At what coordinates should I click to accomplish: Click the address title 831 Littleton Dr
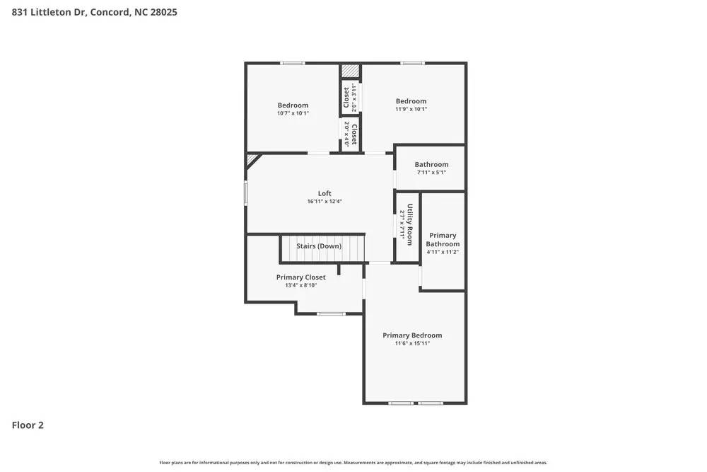click(x=94, y=12)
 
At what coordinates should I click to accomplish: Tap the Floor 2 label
click(x=28, y=425)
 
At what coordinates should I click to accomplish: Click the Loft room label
click(x=325, y=193)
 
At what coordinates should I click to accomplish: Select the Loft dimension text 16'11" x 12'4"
click(x=325, y=202)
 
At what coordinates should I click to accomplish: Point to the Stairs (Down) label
click(x=319, y=246)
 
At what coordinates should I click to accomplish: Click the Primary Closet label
click(x=301, y=277)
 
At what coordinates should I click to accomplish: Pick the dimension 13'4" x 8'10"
click(x=301, y=286)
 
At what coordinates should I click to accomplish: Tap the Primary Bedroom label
click(x=412, y=335)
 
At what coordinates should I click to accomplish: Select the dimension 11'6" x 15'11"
click(x=412, y=343)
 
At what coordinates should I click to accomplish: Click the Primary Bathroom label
click(x=443, y=240)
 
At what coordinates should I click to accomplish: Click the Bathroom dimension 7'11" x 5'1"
click(x=431, y=173)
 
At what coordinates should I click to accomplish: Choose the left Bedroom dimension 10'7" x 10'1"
click(x=293, y=113)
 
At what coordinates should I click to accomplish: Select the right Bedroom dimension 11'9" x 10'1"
click(x=411, y=109)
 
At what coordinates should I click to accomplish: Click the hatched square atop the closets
click(x=351, y=71)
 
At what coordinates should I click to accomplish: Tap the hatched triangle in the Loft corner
click(x=252, y=161)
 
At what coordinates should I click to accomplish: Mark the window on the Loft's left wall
click(x=246, y=193)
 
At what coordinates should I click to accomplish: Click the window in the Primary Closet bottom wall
click(x=331, y=313)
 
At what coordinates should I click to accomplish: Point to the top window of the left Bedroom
click(x=293, y=64)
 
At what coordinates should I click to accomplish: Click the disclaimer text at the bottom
click(x=353, y=462)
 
